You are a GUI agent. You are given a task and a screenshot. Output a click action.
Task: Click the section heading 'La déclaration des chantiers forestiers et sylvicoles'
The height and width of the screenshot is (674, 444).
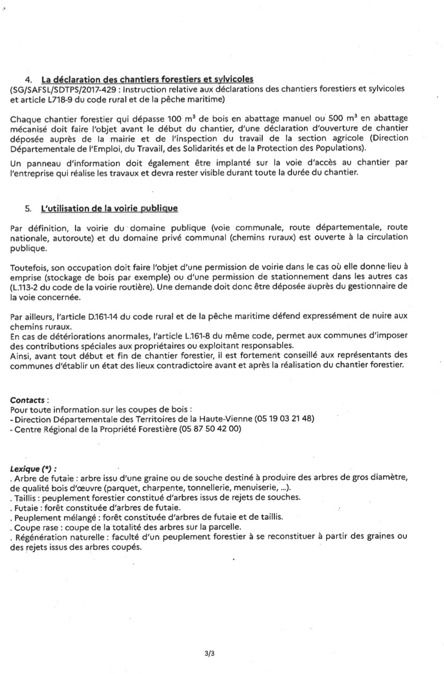coord(147,79)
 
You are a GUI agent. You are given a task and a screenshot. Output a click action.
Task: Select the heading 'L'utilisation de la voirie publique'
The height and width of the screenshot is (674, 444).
coord(109,208)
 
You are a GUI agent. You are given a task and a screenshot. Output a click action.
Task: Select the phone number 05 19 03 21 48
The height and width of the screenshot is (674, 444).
coord(284,419)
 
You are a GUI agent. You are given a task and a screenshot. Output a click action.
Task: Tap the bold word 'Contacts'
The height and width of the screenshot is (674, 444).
coord(27,400)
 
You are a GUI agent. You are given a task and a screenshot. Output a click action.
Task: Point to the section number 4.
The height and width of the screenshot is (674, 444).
coord(28,79)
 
